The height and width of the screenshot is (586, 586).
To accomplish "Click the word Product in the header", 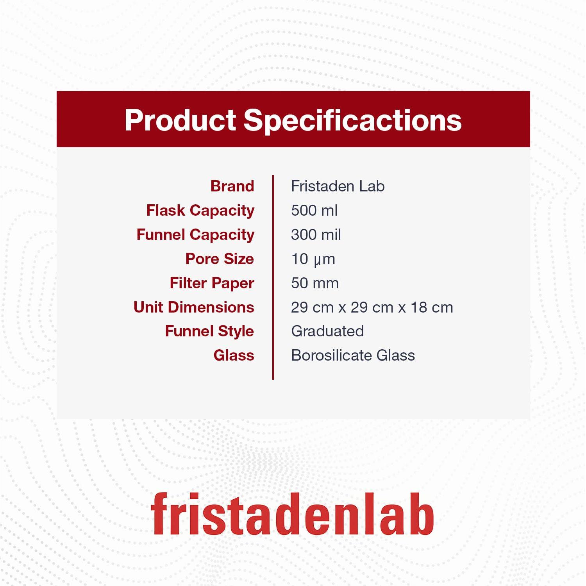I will click(x=180, y=120).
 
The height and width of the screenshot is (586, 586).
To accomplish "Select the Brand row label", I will click(x=232, y=186).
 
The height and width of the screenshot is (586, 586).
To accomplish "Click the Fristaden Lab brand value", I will click(x=338, y=186).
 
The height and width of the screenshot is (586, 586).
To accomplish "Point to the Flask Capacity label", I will click(x=200, y=211).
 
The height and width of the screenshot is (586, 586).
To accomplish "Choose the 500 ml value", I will click(x=314, y=211).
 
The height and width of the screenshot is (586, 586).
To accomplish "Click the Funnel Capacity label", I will click(x=195, y=235).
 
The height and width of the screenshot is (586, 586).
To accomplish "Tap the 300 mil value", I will click(x=316, y=235).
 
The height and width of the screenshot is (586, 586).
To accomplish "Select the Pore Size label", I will click(x=219, y=259).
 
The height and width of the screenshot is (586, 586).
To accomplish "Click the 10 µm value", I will click(x=313, y=259).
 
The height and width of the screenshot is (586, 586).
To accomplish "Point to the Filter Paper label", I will click(x=212, y=283).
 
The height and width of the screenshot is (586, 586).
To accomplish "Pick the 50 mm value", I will click(x=314, y=283).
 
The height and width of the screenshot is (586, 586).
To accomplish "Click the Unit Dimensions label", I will click(x=193, y=307).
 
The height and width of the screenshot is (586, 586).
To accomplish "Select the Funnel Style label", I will click(x=209, y=331).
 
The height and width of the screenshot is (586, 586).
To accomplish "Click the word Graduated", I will click(x=327, y=331).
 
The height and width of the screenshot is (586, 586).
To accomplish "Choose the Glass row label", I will click(x=234, y=356).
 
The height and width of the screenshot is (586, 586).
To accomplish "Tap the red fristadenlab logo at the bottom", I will click(x=292, y=514).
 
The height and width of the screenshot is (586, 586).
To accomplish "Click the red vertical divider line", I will click(x=273, y=277).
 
